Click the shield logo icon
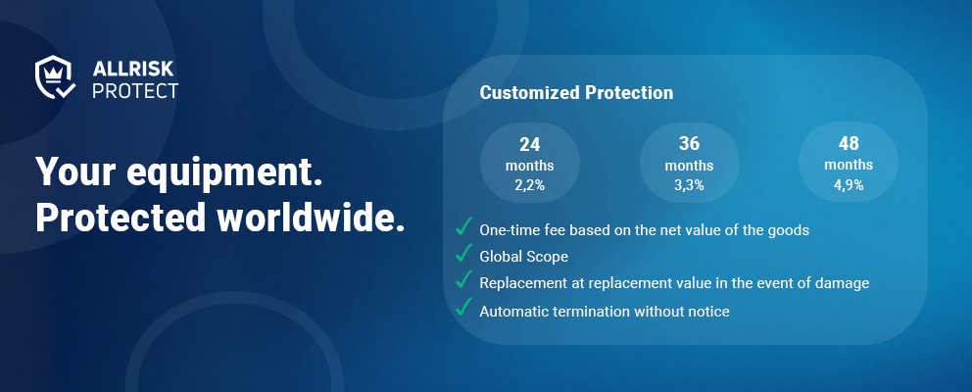(x=55, y=77)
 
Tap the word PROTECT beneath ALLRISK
(x=135, y=90)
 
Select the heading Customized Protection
(x=576, y=93)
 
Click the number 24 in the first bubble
(x=530, y=144)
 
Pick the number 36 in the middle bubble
(x=690, y=144)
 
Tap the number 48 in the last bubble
(x=849, y=143)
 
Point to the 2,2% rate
(x=530, y=185)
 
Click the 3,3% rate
(x=690, y=185)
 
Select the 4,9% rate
(x=849, y=184)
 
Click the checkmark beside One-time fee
(x=463, y=226)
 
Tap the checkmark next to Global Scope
(x=463, y=253)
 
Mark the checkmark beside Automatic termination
(x=463, y=307)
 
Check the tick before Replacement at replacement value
(x=463, y=279)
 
